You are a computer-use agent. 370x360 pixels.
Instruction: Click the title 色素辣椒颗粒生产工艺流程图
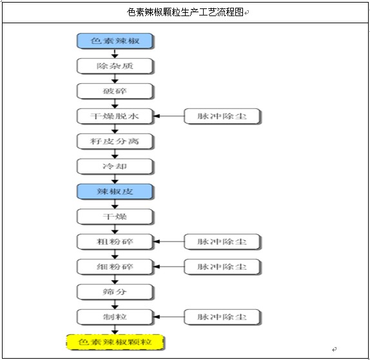coord(185,12)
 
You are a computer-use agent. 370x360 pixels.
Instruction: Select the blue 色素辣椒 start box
coord(115,41)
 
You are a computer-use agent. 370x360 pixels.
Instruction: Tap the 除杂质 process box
coord(115,66)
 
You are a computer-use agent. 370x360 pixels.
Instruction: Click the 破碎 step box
coord(115,91)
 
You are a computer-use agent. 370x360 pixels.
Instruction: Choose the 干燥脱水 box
coord(115,116)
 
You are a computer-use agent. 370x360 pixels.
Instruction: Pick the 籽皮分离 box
coord(115,141)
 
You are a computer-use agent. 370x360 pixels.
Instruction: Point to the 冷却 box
coord(115,166)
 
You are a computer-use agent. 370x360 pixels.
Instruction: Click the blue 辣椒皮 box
coord(115,192)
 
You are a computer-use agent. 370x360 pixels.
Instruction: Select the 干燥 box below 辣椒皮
coord(115,216)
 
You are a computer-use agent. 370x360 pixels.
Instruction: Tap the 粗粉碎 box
coord(115,241)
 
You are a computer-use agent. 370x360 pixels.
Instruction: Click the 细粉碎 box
coord(115,266)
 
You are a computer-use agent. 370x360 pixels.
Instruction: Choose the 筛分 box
coord(115,292)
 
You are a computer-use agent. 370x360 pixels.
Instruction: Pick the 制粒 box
coord(115,317)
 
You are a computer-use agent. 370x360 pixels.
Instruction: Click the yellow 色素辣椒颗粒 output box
coord(115,342)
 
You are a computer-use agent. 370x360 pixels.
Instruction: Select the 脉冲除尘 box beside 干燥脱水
coord(222,116)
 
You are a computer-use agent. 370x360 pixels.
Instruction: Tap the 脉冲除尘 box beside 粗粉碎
coord(222,241)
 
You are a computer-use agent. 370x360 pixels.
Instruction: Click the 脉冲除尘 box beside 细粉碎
coord(222,266)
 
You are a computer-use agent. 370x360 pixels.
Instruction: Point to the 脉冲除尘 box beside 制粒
coord(222,317)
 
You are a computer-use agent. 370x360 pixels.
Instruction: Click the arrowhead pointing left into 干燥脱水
coord(157,116)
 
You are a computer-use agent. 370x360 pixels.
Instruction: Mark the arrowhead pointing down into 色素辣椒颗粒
coord(115,332)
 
